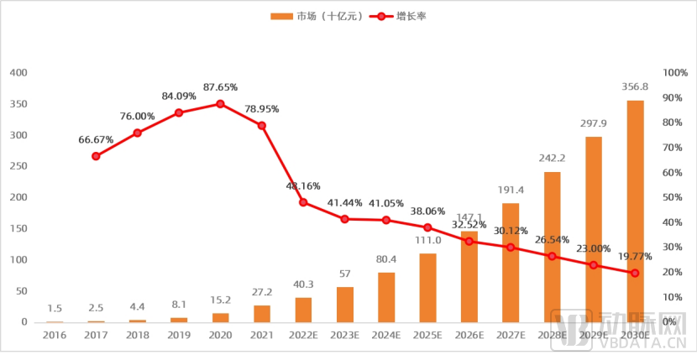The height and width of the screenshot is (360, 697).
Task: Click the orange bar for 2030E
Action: (635, 211)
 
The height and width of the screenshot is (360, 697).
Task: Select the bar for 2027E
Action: (511, 263)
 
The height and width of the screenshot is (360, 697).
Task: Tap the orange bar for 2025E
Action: (427, 288)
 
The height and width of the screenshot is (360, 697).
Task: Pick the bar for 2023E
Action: (345, 305)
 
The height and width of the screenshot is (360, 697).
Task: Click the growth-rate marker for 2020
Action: (220, 104)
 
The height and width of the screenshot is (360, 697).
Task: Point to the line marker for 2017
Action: (96, 156)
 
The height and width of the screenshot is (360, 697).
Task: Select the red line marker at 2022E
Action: (303, 202)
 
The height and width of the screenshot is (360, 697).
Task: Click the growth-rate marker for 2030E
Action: (635, 273)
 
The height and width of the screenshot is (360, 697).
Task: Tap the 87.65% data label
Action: (220, 87)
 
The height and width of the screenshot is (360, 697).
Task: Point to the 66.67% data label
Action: (96, 139)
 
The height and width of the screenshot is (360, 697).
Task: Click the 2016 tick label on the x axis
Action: (55, 335)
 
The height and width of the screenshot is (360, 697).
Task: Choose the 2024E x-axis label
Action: (386, 335)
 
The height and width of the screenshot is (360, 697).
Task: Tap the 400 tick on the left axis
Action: (18, 73)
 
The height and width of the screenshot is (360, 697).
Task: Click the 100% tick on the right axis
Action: (675, 73)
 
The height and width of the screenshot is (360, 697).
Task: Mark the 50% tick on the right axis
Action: (672, 197)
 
